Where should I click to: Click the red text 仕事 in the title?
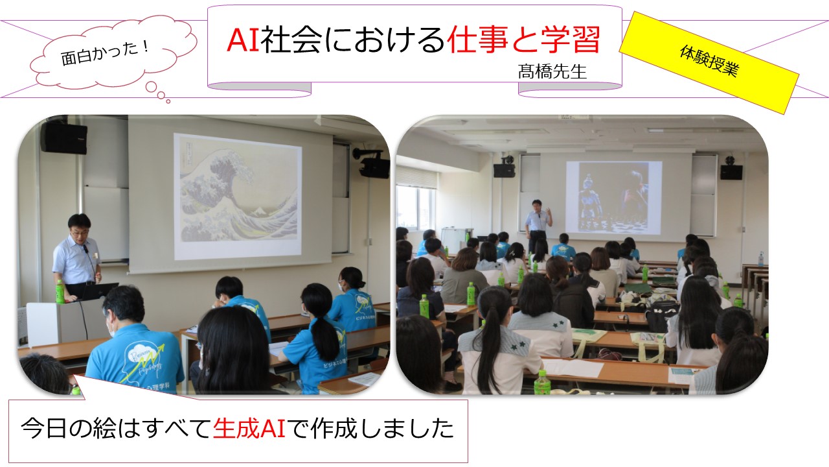click(477, 40)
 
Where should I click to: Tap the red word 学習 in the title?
click(570, 40)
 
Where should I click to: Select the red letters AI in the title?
click(243, 40)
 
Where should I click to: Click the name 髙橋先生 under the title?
click(552, 71)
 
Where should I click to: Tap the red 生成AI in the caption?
click(249, 429)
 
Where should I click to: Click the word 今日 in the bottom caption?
click(43, 429)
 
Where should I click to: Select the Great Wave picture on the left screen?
click(238, 197)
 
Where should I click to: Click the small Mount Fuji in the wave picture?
click(258, 212)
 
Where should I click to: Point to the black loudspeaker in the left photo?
click(63, 138)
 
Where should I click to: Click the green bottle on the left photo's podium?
click(60, 292)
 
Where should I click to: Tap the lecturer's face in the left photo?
click(80, 230)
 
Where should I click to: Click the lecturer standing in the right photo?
click(538, 225)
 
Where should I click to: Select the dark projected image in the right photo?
click(613, 198)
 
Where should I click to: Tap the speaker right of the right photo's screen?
click(731, 171)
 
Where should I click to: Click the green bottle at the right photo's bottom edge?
click(542, 382)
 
